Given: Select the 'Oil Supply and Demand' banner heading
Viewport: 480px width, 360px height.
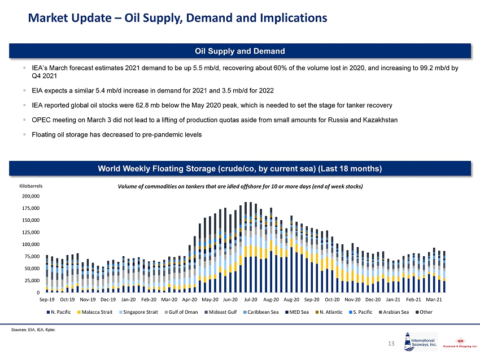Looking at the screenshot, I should pos(240,51).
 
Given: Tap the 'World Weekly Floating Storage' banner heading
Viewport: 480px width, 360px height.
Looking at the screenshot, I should pos(240,169).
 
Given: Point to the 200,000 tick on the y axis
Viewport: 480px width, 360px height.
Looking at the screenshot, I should pos(30,196).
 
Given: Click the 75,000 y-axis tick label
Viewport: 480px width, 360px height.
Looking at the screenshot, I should pos(32,256).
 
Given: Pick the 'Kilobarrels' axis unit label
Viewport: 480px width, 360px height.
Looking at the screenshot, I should pos(31,185).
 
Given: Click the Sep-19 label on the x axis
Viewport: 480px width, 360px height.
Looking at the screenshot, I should pos(47,299).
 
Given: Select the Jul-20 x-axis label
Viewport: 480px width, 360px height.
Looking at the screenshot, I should pos(251,299).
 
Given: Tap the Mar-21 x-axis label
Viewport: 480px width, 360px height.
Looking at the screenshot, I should pos(434,299).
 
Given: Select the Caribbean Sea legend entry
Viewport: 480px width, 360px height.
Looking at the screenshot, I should pos(269,311).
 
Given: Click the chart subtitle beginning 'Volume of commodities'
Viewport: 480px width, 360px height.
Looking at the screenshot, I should pos(240,186).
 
